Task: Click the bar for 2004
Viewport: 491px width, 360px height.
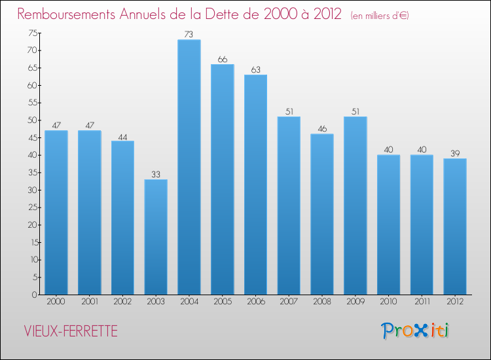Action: [x=189, y=167]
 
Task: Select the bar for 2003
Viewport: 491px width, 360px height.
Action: [x=156, y=237]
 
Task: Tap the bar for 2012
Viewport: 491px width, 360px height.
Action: [x=455, y=226]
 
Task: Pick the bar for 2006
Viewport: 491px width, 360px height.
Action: [x=255, y=185]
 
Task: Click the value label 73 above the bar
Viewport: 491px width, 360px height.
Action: [x=189, y=35]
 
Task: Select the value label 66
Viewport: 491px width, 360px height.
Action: [x=223, y=60]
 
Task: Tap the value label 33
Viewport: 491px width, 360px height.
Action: [x=156, y=175]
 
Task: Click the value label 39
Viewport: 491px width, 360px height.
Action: [x=455, y=154]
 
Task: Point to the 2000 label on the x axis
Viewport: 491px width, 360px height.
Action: [x=56, y=302]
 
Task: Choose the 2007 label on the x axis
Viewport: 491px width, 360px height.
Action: [x=289, y=302]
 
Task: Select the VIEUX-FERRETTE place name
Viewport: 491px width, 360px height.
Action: [x=69, y=332]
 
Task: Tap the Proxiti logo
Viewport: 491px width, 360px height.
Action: [x=415, y=331]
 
